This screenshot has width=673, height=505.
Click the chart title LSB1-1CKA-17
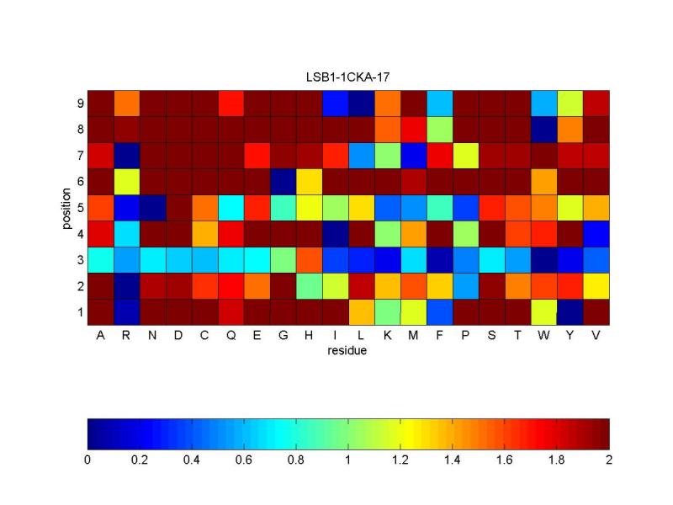348,77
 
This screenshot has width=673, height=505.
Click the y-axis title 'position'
66,207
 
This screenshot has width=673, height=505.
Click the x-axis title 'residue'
348,350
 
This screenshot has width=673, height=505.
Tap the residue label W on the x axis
543,337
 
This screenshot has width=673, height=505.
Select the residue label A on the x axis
101,337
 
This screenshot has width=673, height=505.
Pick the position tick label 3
80,259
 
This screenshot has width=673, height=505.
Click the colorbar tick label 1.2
400,460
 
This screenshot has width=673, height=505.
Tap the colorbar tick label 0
87,460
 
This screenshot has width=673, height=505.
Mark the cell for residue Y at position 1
570,311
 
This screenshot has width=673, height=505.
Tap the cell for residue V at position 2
596,285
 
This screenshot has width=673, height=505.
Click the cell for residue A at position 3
101,259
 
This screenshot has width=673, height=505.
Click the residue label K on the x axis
388,337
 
